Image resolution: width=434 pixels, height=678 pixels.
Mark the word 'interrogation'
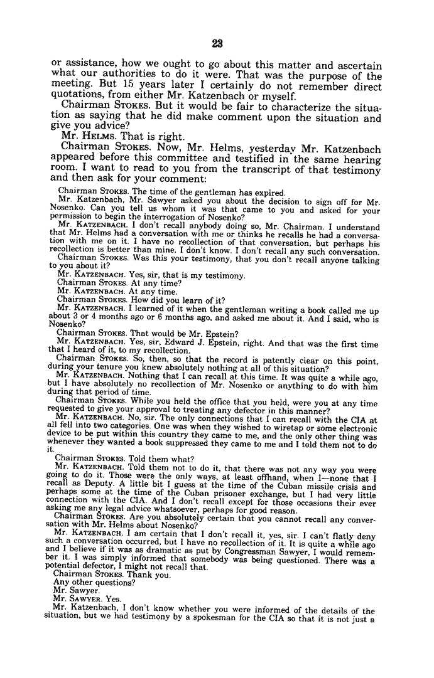pos(138,217)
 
